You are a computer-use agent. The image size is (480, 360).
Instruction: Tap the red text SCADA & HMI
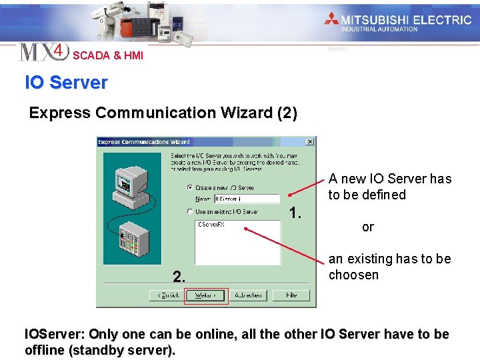click(x=108, y=55)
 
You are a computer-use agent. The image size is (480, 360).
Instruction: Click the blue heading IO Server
click(x=66, y=83)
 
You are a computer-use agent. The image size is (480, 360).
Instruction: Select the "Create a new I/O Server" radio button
click(x=190, y=188)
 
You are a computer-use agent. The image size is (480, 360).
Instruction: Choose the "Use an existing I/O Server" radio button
click(x=190, y=212)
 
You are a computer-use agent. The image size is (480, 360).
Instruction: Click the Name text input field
click(x=247, y=199)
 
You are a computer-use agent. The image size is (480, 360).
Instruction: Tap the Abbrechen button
click(x=249, y=295)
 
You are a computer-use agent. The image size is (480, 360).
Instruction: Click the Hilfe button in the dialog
click(x=292, y=295)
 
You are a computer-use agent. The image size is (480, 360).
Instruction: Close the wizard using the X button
click(x=310, y=142)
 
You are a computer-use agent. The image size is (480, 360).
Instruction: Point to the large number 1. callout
click(x=296, y=213)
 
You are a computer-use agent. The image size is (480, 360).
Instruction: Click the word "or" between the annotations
click(x=368, y=227)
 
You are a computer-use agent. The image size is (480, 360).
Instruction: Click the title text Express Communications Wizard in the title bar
click(x=144, y=142)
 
